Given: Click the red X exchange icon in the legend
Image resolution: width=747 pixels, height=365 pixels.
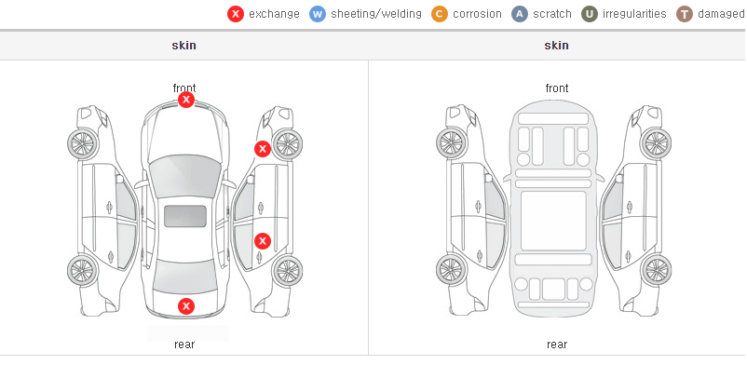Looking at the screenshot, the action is [236, 14].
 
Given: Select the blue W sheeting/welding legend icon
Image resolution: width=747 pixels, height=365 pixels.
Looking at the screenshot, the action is [318, 14].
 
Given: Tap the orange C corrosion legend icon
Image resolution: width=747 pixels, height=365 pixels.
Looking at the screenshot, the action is [440, 14].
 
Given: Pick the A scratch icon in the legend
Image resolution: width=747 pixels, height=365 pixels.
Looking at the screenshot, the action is [520, 14].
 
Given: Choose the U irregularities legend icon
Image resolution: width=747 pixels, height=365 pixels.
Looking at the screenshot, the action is [590, 14].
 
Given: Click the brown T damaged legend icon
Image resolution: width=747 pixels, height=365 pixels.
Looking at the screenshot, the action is [684, 14].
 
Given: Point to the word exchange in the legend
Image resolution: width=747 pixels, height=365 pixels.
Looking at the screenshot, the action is [274, 14].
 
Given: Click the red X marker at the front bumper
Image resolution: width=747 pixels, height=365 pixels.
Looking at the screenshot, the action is [186, 100].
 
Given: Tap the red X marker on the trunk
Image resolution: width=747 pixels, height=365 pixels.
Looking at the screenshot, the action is [186, 306].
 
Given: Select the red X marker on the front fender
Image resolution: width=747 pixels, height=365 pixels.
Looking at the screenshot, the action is [263, 149].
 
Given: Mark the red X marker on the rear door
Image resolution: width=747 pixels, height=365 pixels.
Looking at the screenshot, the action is [263, 241].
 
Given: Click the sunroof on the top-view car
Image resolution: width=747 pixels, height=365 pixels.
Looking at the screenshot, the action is [185, 216].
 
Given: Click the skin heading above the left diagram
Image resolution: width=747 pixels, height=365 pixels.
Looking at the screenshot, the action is [183, 46].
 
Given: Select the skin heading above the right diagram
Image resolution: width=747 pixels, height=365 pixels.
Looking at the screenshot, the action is [556, 46].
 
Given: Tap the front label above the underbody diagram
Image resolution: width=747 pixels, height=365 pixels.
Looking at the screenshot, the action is [557, 88].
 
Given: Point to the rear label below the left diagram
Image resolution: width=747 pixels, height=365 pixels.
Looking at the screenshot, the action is [184, 345].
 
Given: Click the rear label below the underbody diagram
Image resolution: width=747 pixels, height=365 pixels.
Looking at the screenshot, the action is [557, 345].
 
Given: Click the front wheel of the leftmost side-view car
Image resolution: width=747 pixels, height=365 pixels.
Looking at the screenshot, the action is [83, 144].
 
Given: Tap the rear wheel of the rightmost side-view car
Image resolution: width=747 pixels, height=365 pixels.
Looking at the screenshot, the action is [656, 270].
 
